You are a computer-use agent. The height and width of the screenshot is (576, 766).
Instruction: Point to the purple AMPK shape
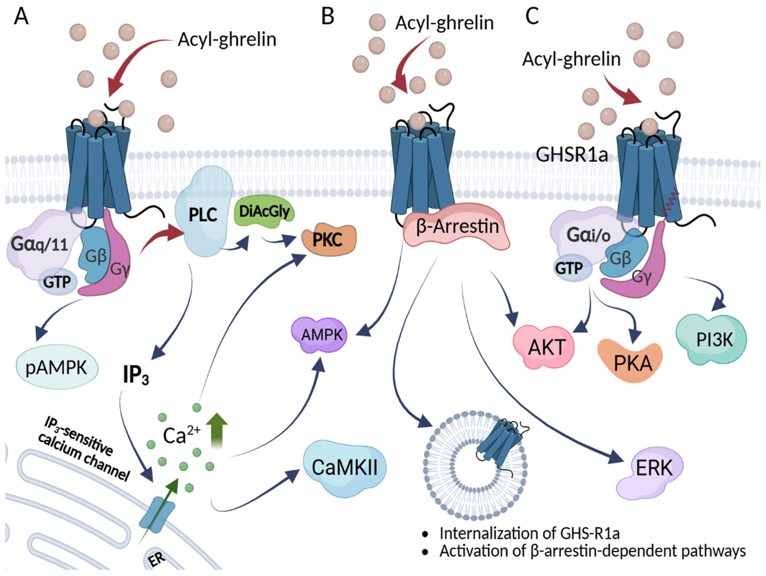(322, 335)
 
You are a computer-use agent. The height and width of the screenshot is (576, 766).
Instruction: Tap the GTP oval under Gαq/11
(57, 282)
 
